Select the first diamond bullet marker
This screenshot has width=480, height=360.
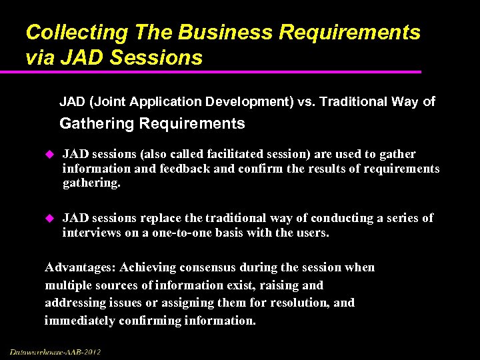[47, 155]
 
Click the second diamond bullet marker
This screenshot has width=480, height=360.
[47, 218]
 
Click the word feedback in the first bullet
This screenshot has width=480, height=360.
[185, 169]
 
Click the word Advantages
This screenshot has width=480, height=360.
[79, 268]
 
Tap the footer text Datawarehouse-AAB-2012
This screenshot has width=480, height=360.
[55, 351]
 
